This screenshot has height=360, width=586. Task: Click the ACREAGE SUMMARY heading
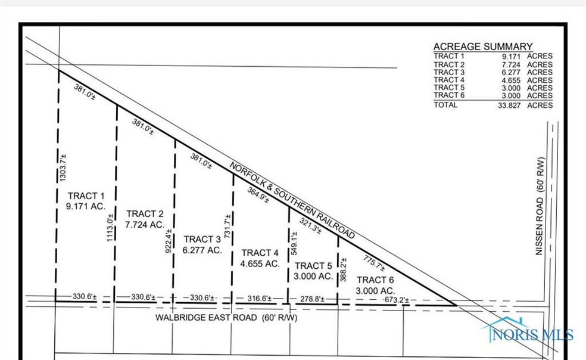tap(483, 46)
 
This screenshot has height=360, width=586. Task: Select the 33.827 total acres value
tap(509, 105)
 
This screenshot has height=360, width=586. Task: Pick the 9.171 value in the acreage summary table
tap(511, 56)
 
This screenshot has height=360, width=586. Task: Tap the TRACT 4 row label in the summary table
tap(449, 80)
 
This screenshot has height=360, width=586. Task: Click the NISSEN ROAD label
tap(540, 206)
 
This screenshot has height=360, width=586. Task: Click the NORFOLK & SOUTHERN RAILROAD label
tap(292, 201)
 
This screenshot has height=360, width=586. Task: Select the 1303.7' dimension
tap(63, 167)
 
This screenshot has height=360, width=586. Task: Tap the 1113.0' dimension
tap(110, 228)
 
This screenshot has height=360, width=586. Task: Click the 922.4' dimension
tap(169, 241)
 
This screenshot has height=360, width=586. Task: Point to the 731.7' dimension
tap(227, 226)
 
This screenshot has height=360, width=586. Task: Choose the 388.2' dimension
tap(343, 269)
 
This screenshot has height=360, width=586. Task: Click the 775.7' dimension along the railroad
tap(374, 263)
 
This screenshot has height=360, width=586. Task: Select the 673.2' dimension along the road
tap(397, 300)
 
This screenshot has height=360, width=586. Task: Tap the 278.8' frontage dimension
tap(312, 299)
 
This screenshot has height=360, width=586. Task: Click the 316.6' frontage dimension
tap(260, 298)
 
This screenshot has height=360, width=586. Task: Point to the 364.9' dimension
tap(258, 195)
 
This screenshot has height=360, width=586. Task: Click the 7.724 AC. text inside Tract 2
tap(145, 225)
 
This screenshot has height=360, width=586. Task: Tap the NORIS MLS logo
tap(528, 330)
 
